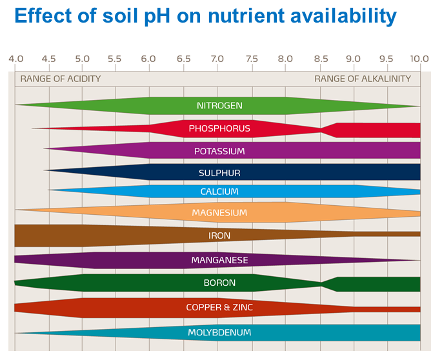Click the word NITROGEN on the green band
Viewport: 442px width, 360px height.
pyautogui.click(x=219, y=105)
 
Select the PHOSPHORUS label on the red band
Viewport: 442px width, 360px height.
pyautogui.click(x=219, y=128)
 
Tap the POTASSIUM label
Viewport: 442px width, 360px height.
pyautogui.click(x=219, y=151)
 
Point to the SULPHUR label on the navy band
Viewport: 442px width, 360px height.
pyautogui.click(x=219, y=173)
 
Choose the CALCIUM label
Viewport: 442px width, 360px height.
pyautogui.click(x=219, y=192)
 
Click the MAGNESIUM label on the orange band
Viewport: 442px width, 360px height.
pyautogui.click(x=219, y=212)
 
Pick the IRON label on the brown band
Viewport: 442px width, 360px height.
pyautogui.click(x=219, y=235)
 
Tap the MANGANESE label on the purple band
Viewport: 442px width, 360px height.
pyautogui.click(x=219, y=260)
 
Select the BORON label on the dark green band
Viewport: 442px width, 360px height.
pyautogui.click(x=219, y=283)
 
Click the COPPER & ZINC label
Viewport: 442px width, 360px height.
pyautogui.click(x=219, y=307)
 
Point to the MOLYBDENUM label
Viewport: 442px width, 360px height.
pyautogui.click(x=219, y=332)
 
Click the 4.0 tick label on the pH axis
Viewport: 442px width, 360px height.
pyautogui.click(x=15, y=59)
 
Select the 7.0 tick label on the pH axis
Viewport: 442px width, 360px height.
pyautogui.click(x=217, y=59)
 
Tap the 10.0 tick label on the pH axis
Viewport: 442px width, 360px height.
pyautogui.click(x=419, y=59)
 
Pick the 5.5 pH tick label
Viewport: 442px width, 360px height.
pyautogui.click(x=116, y=59)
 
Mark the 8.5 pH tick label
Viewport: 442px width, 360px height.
pyautogui.click(x=320, y=59)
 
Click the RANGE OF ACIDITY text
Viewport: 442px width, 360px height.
pyautogui.click(x=61, y=79)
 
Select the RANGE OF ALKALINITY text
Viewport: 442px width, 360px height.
pyautogui.click(x=363, y=79)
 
